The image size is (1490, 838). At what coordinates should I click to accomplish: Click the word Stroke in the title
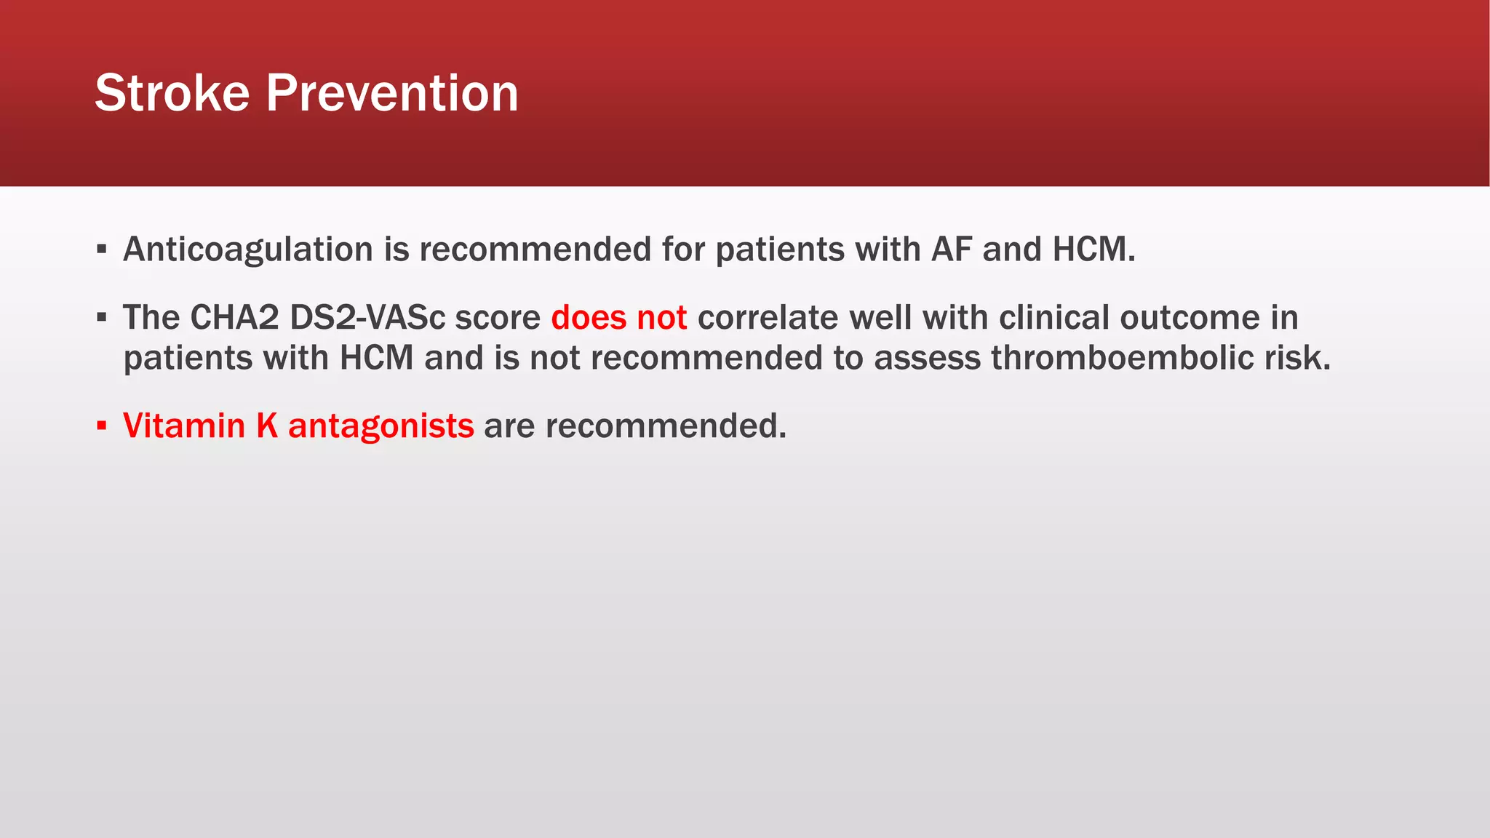172,93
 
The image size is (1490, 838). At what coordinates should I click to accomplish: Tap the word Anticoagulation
248,250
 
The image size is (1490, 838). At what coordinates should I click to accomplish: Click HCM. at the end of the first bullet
1093,250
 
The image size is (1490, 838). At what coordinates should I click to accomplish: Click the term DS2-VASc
367,318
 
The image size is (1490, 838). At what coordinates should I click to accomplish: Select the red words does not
618,318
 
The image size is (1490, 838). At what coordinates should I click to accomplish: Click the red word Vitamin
184,426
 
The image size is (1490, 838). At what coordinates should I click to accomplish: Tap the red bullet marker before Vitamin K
102,426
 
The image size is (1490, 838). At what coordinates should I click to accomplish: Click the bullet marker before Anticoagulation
102,250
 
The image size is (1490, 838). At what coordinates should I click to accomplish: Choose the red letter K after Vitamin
267,426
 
